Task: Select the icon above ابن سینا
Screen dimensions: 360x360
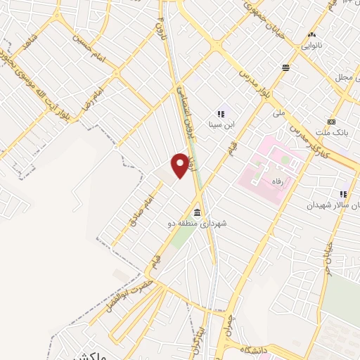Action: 221,113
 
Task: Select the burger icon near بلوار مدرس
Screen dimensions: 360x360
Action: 286,68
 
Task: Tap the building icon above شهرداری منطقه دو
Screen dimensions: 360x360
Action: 197,212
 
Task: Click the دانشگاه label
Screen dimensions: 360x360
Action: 257,349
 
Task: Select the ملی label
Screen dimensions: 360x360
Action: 278,112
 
